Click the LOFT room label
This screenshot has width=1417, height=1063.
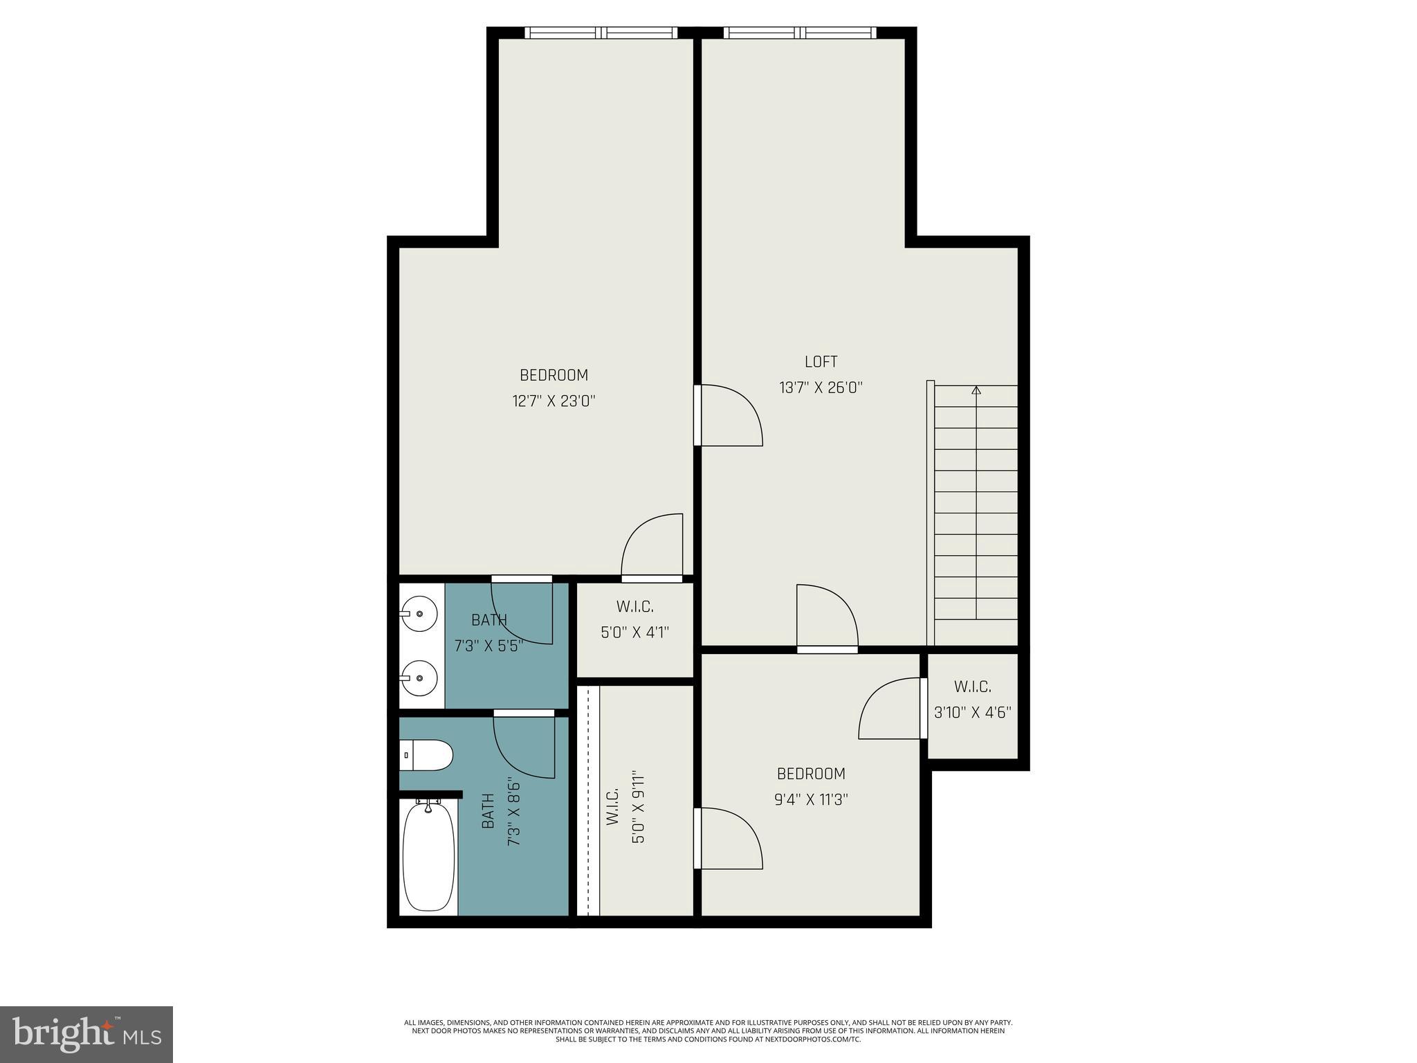coord(821,362)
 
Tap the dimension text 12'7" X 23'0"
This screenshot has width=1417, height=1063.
coord(554,401)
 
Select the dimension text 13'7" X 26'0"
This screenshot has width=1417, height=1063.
coord(821,388)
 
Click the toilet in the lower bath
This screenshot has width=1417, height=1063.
coord(427,755)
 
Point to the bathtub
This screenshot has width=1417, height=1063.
coord(428,855)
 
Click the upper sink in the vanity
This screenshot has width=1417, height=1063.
coord(419,613)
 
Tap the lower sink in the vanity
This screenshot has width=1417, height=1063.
coord(419,678)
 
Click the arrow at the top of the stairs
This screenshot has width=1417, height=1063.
coord(976,391)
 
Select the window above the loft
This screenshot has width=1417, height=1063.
coord(800,33)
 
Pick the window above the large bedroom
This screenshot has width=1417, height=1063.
coord(601,33)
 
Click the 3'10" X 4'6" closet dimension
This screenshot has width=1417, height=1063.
coord(972,712)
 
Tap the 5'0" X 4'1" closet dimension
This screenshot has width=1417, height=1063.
coord(634,632)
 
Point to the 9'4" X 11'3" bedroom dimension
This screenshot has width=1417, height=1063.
coord(811,800)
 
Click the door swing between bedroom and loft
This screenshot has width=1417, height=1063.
coord(730,415)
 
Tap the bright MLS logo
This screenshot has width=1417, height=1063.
coord(86,1034)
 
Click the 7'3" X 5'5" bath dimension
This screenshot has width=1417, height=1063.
coord(488,646)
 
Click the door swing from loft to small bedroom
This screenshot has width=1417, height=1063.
coord(827,616)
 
